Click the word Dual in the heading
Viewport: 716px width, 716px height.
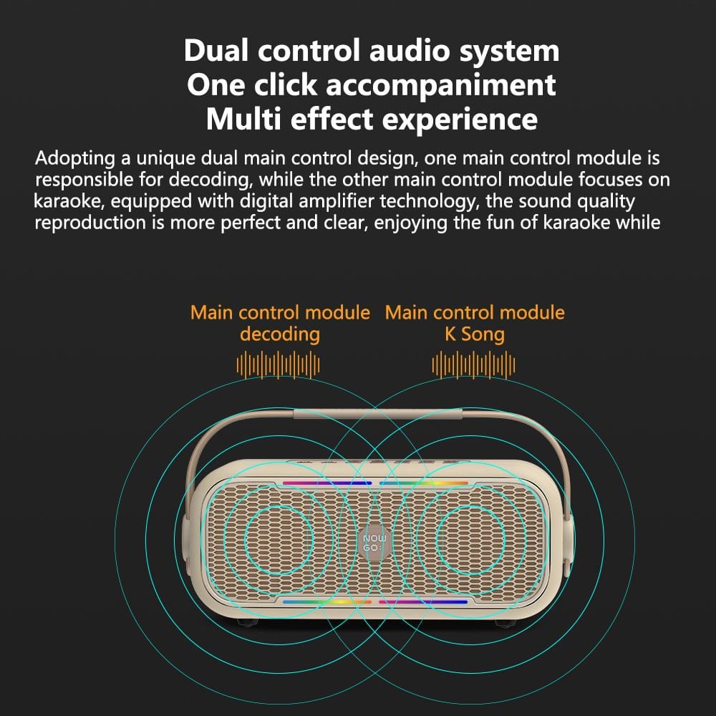point(216,50)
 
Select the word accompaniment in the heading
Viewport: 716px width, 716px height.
point(440,85)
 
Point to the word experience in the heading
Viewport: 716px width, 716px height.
point(460,120)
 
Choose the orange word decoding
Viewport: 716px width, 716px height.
point(280,334)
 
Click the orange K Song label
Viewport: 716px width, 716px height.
point(475,334)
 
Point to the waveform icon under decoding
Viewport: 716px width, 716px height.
point(278,365)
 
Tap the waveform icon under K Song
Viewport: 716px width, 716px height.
point(473,365)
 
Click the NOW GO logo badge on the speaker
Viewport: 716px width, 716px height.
point(374,543)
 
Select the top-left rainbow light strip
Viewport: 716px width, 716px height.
point(327,483)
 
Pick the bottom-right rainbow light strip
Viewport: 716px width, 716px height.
point(423,602)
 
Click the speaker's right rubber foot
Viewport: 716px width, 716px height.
point(506,623)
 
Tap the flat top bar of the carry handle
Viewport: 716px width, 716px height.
point(378,414)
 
